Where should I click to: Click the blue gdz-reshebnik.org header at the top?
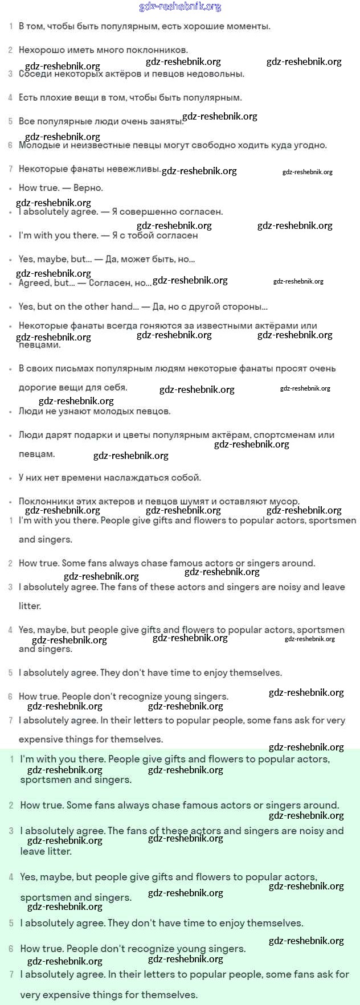(180, 7)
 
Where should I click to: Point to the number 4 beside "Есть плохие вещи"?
(10, 98)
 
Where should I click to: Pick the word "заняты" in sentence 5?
(168, 121)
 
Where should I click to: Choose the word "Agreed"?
(34, 283)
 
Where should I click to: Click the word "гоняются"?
(160, 326)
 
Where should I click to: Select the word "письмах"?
(71, 369)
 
